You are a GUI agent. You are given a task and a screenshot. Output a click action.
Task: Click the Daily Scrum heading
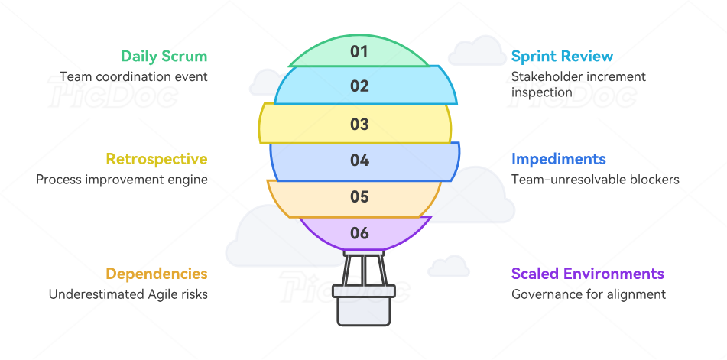coord(164,57)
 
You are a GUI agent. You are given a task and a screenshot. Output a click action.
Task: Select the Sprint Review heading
coord(562,57)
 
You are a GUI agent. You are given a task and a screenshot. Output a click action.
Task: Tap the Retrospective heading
coord(156,159)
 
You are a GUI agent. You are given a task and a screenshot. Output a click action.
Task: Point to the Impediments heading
coord(558,159)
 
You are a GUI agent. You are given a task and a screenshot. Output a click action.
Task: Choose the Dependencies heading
coord(156,274)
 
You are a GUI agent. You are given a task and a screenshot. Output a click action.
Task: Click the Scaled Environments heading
coord(587,274)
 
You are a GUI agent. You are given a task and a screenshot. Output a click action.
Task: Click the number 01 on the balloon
coord(359,52)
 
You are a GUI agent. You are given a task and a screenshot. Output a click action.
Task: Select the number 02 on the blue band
coord(359,86)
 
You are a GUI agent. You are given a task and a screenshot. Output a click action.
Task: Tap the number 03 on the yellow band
coord(359,124)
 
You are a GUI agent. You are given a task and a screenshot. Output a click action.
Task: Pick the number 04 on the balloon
coord(359,161)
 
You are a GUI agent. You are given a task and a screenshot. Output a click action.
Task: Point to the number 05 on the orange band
coord(359,197)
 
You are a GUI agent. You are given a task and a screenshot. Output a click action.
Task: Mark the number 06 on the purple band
coord(359,233)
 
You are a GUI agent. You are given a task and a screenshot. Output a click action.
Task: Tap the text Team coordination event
coord(133,76)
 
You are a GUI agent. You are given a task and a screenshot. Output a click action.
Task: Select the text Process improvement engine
coord(122,180)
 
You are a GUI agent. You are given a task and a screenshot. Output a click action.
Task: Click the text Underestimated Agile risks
coord(128,294)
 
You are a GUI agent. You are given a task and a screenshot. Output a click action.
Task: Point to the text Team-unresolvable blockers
coord(595,180)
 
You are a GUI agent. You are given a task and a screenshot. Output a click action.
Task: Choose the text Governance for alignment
coord(588,294)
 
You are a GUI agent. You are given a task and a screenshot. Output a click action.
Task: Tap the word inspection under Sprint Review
coord(541,92)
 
